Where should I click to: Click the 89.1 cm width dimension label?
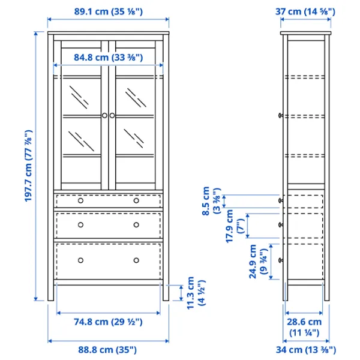pos(108,11)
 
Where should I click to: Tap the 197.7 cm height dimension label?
pos(29,166)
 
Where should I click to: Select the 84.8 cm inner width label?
pos(108,58)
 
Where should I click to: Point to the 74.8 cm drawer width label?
pos(108,322)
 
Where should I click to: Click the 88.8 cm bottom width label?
pos(107,350)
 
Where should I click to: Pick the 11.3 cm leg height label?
pos(196,293)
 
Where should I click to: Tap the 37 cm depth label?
pos(305,11)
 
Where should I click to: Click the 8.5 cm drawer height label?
pos(211,201)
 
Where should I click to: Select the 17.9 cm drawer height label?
pos(235,226)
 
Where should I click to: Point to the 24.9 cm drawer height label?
pos(258,262)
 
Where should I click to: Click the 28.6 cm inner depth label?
pos(304,327)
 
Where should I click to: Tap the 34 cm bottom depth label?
pos(306,350)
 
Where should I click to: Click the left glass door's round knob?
pos(104,115)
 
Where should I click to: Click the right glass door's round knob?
pos(112,115)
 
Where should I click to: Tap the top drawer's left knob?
pos(80,200)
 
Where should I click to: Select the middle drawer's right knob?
pos(136,225)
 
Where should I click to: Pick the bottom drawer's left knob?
pos(80,260)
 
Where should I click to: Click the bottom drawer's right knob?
pos(136,260)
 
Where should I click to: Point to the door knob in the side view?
pos(281,115)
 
